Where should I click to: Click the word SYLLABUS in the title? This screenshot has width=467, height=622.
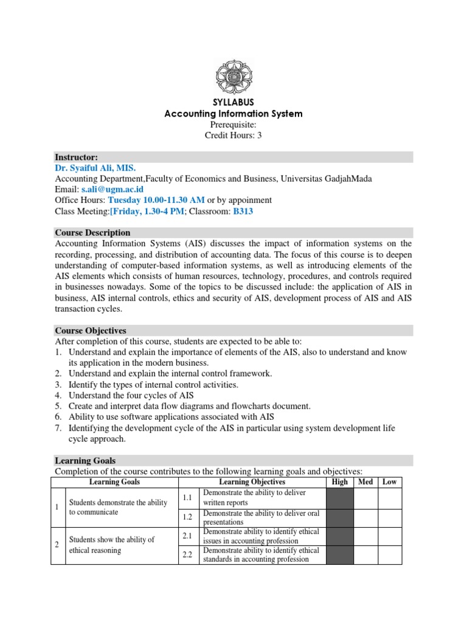(234, 102)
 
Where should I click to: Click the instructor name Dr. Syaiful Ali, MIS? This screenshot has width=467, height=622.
(95, 168)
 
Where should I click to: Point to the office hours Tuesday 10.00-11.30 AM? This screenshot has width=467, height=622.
(156, 200)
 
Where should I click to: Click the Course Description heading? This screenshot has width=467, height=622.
(92, 232)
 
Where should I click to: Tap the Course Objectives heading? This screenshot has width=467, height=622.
(91, 330)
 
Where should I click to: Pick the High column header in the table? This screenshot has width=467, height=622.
(340, 482)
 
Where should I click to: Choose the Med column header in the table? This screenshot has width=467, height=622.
(365, 482)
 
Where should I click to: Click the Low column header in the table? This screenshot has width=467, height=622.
(389, 482)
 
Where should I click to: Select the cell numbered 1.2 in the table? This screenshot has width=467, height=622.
(188, 517)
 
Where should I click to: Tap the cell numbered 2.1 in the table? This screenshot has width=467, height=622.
(188, 536)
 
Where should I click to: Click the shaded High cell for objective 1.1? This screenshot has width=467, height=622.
(340, 497)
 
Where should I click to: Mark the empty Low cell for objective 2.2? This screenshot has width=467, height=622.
(389, 555)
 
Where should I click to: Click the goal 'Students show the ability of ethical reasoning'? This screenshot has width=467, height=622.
(112, 545)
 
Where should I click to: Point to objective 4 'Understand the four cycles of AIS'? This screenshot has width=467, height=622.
(131, 395)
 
